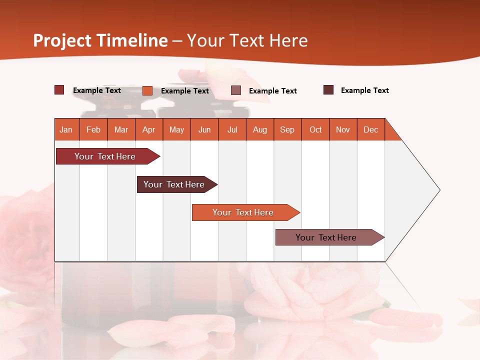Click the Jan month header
pyautogui.click(x=66, y=129)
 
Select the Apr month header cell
pyautogui.click(x=149, y=129)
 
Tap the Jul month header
pyautogui.click(x=232, y=129)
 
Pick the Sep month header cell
pyautogui.click(x=287, y=129)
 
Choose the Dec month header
pyautogui.click(x=370, y=129)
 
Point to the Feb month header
pyautogui.click(x=93, y=129)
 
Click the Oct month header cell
pyautogui.click(x=315, y=129)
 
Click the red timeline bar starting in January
pyautogui.click(x=105, y=156)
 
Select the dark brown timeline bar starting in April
pyautogui.click(x=174, y=184)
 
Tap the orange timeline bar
pyautogui.click(x=243, y=212)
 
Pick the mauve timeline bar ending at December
pyautogui.click(x=326, y=237)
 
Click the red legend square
pyautogui.click(x=59, y=90)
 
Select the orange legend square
pyautogui.click(x=147, y=90)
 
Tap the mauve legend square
pyautogui.click(x=236, y=90)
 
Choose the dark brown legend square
pyautogui.click(x=328, y=90)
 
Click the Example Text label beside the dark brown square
pyautogui.click(x=364, y=90)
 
